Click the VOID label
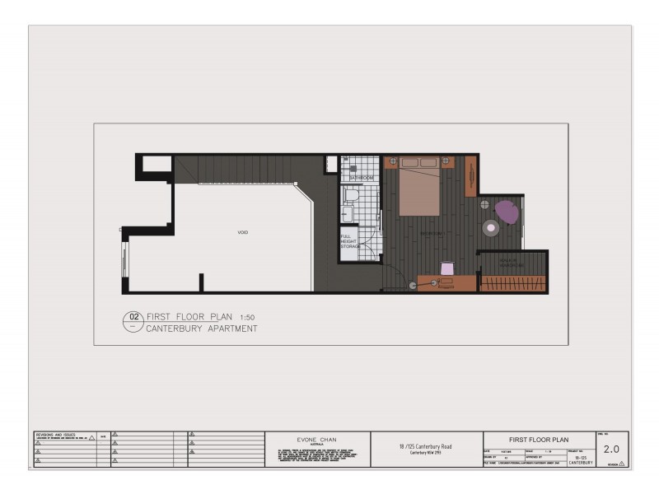(243, 233)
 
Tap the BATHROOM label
(362, 178)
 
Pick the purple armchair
(507, 212)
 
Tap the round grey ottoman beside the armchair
(492, 227)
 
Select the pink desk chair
(447, 268)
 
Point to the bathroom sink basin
(348, 216)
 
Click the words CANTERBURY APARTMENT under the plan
(202, 329)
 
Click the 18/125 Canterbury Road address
(426, 446)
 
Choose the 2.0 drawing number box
(611, 449)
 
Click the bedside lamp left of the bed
(393, 161)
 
